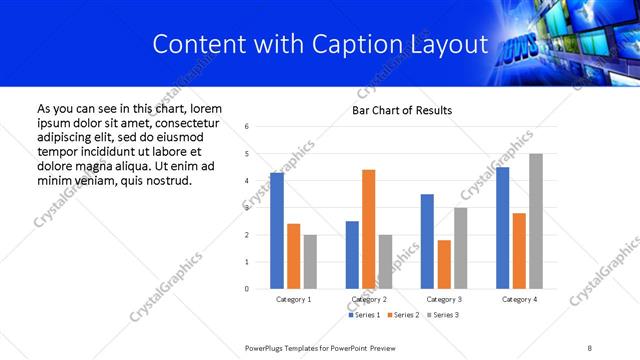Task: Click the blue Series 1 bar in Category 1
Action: (x=277, y=231)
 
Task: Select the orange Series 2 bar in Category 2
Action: (x=368, y=229)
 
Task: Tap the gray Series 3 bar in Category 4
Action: (x=536, y=221)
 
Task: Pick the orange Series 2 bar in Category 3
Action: (x=444, y=264)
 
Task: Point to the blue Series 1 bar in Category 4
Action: (x=502, y=228)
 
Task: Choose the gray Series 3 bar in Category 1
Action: (x=310, y=262)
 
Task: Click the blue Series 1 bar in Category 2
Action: (x=352, y=255)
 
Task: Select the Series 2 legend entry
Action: (x=401, y=315)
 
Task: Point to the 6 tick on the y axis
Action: (x=247, y=126)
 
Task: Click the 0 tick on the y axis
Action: (x=247, y=289)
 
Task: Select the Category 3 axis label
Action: (x=444, y=299)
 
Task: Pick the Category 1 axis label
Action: (x=293, y=299)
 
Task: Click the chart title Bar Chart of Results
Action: (x=402, y=110)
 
